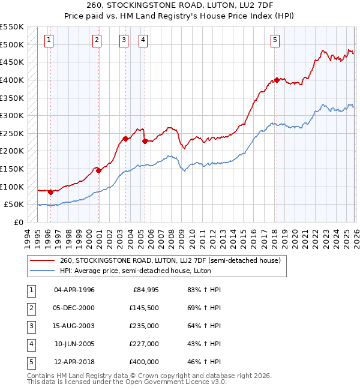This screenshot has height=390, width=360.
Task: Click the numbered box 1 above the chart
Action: point(49,40)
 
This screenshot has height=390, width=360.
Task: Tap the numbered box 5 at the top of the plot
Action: point(275,40)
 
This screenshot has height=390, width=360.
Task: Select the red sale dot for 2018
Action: point(277,80)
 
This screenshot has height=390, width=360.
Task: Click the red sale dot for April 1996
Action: point(50,192)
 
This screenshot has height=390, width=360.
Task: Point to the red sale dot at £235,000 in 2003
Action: point(125,139)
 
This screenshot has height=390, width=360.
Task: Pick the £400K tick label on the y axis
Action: point(12,80)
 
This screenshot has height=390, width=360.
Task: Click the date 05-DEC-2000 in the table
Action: point(74,308)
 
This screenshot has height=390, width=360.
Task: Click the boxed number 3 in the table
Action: point(29,326)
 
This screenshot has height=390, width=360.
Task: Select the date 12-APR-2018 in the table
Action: point(74,362)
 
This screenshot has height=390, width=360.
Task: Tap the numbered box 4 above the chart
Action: point(143,40)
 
